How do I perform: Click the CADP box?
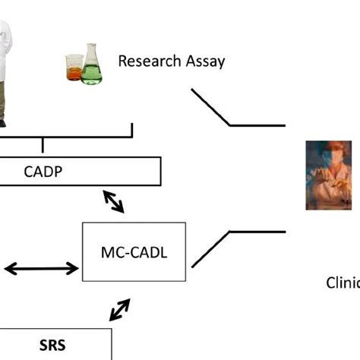(x=80, y=171)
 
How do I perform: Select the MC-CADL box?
(x=134, y=251)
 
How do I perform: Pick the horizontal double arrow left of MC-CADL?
(x=42, y=268)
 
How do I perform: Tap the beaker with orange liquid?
(x=74, y=68)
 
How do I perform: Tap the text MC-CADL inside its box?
(x=134, y=252)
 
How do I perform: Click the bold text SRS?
(x=52, y=345)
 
